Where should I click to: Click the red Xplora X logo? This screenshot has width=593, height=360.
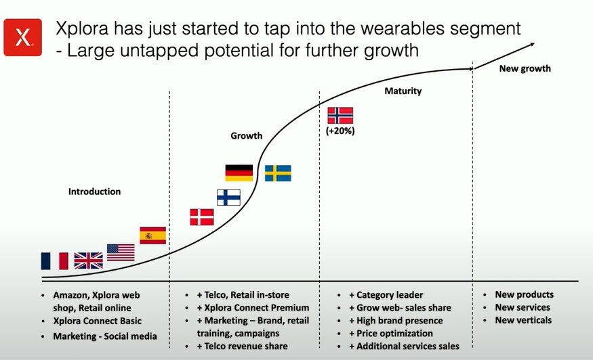coord(22,37)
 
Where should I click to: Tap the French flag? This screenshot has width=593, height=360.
coord(55,261)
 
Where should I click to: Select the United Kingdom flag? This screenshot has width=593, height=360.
coord(89,261)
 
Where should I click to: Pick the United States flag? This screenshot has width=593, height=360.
coord(121,252)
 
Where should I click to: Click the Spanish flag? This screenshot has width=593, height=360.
coord(152,235)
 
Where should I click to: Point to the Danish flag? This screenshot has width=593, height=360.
coord(202,217)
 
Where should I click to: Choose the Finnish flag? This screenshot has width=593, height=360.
coord(228,198)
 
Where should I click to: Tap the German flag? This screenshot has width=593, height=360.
coord(239,173)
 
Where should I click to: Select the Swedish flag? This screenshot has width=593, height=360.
coord(278,173)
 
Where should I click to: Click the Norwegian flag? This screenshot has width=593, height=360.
coord(340,116)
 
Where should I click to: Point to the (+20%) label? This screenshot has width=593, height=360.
coord(340,131)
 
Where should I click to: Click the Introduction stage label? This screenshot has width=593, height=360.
coord(95,192)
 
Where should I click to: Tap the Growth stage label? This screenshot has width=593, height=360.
coord(247,135)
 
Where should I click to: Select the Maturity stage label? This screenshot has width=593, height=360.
coord(403,91)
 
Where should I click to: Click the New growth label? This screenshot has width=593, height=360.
coord(525,69)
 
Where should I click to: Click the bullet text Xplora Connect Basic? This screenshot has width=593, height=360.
coord(97,321)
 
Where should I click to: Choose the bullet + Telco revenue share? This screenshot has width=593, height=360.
coord(243,346)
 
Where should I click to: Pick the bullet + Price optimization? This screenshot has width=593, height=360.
coord(391,333)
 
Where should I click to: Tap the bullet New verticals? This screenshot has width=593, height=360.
coord(523,320)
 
